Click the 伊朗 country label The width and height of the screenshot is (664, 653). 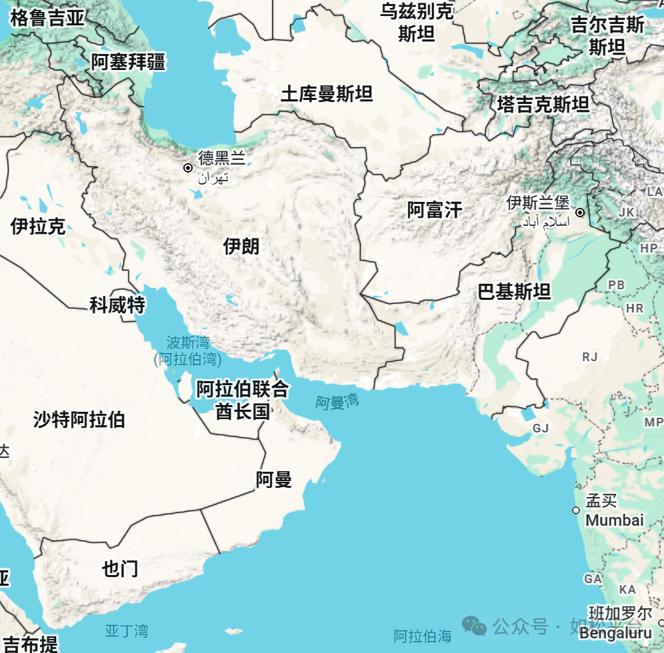click(x=241, y=247)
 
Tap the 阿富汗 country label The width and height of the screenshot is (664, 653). click(x=435, y=211)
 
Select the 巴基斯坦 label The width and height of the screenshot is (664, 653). click(x=514, y=291)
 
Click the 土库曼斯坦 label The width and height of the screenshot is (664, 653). click(x=326, y=94)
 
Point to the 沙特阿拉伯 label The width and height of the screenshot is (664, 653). click(x=79, y=420)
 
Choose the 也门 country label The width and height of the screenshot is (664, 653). click(x=121, y=568)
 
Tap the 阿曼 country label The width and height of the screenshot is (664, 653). click(x=274, y=479)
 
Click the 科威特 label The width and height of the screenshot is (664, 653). click(x=117, y=305)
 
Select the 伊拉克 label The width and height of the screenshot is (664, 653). click(x=38, y=227)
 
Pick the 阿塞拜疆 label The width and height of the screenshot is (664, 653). click(x=129, y=63)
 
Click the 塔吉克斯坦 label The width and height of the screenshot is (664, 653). click(x=543, y=105)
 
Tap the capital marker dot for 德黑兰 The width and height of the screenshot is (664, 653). click(x=188, y=168)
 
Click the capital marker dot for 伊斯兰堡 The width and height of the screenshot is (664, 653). click(x=580, y=213)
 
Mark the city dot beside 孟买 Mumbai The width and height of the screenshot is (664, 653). click(x=576, y=510)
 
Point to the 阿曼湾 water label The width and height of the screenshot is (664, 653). click(x=337, y=402)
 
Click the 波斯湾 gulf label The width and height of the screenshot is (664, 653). click(x=188, y=343)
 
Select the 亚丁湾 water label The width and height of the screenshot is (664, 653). click(x=127, y=630)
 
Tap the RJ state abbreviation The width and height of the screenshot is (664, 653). click(x=589, y=357)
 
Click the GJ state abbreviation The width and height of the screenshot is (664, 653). click(x=540, y=428)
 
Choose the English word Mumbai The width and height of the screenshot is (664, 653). click(x=615, y=520)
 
